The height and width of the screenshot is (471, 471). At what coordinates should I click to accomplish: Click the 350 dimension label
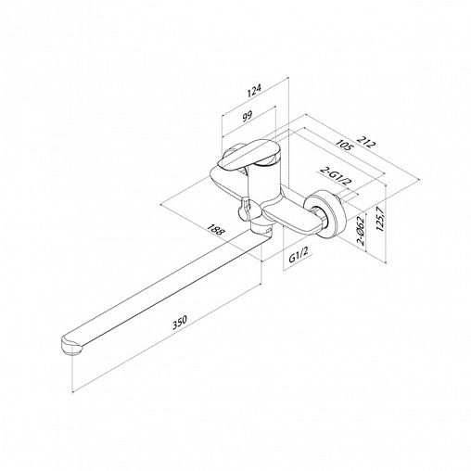click(179, 322)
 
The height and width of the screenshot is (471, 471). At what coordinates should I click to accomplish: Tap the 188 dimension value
click(214, 230)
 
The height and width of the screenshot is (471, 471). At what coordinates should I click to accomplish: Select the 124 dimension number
click(254, 90)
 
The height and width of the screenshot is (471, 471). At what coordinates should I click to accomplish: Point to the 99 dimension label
click(248, 117)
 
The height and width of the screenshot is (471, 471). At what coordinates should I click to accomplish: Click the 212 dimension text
click(366, 142)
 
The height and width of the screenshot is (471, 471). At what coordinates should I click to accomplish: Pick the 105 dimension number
click(343, 145)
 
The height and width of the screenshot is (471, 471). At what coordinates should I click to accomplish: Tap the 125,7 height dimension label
click(380, 219)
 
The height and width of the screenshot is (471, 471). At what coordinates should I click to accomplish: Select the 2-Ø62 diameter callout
click(361, 231)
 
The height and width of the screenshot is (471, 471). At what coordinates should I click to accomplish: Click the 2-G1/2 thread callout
click(337, 177)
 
